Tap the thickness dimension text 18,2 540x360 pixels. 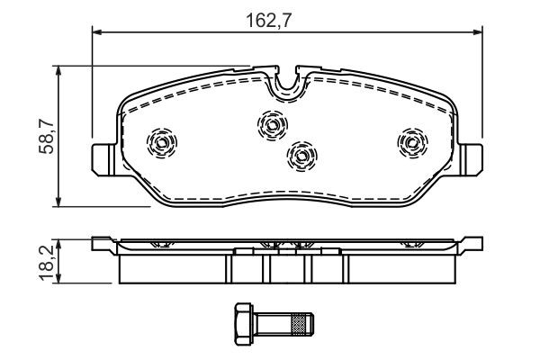tap(43, 262)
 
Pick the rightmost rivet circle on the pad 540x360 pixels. tap(411, 141)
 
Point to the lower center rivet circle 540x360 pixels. tap(301, 157)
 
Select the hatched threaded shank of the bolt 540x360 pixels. tap(296, 319)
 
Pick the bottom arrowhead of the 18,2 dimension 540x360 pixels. tap(59, 281)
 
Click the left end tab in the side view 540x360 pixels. tap(102, 243)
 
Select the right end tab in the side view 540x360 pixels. tap(472, 243)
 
